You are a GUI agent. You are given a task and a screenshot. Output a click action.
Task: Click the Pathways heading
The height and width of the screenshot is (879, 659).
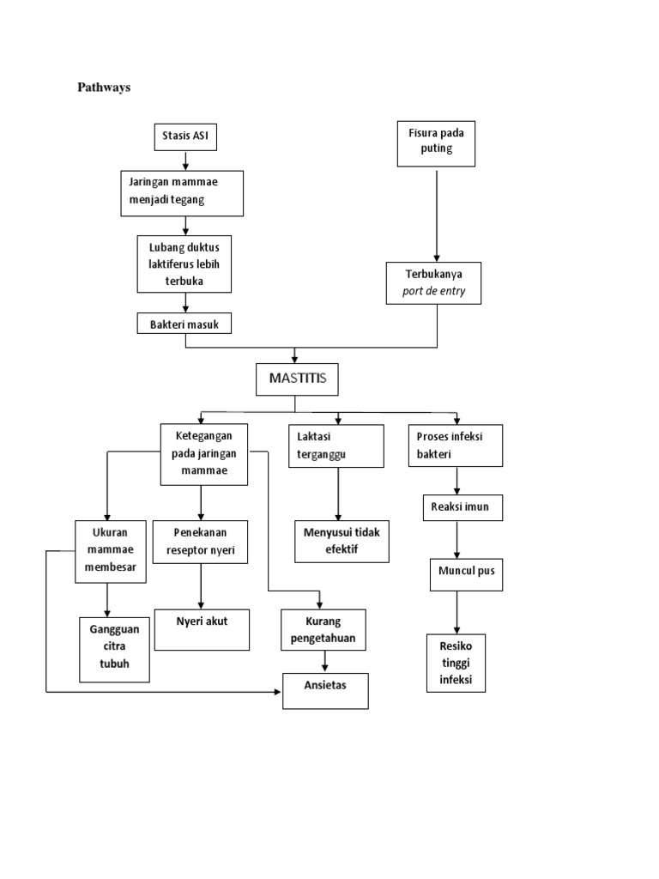pos(104,88)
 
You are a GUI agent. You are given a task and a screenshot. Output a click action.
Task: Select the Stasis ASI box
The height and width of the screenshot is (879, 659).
pos(185,136)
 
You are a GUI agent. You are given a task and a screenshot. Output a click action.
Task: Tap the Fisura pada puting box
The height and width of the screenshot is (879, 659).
pos(437,143)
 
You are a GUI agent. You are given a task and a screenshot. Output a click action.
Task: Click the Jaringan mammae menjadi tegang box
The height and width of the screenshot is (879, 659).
pos(182,192)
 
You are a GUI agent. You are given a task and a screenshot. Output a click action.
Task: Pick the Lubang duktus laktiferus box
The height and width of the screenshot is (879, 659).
pos(184,264)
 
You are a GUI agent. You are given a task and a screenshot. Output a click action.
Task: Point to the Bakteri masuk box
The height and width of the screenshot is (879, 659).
pos(184,324)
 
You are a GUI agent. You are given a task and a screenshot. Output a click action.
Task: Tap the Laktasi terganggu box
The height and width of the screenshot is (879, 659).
pos(336,445)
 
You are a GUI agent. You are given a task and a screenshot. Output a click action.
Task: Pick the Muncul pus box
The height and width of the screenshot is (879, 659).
pos(465,574)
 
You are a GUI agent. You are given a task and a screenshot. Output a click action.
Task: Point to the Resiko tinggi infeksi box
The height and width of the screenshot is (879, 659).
pos(456,663)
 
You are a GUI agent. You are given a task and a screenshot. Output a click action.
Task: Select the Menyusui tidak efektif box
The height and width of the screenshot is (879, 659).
pos(341,541)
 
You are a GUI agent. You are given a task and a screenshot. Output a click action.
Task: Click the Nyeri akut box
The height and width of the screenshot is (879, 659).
pos(202,629)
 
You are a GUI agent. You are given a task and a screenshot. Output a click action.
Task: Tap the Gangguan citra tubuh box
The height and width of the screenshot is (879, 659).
pos(114,650)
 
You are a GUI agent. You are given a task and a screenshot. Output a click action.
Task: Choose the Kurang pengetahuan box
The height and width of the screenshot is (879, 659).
pos(323,630)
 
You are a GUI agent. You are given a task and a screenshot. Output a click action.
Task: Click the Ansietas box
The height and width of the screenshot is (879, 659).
pos(325,690)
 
